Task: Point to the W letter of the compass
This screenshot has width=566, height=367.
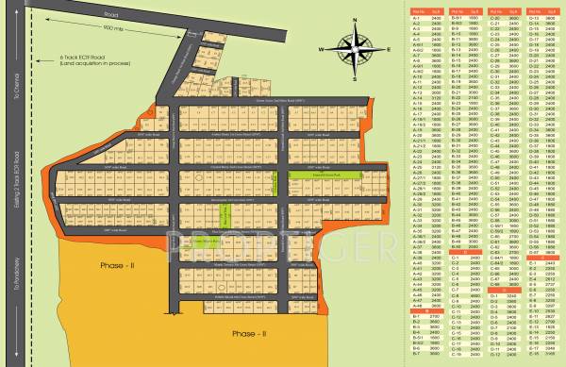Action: click(322, 50)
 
